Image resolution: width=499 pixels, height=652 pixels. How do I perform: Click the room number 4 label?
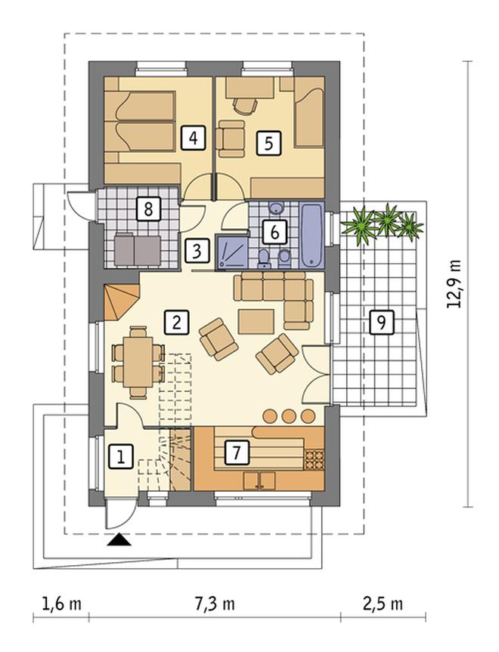coord(193,138)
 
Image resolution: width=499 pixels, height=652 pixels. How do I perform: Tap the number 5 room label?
coord(268,143)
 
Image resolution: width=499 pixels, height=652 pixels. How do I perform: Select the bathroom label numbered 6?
coord(274,232)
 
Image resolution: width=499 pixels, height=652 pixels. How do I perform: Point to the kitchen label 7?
coord(237,453)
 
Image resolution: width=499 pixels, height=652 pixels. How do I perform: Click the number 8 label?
coord(148,209)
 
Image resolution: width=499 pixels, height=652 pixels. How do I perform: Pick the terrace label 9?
coord(381,322)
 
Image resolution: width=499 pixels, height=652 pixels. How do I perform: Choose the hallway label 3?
coord(197,251)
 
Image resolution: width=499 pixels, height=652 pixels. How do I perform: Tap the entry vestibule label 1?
coord(121,457)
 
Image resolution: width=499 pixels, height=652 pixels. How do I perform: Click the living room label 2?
coord(176,322)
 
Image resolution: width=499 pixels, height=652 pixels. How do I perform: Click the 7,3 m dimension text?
coord(214,604)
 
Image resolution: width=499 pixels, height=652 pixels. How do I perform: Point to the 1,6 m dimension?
coord(61,604)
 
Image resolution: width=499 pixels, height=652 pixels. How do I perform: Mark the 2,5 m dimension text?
coord(383,604)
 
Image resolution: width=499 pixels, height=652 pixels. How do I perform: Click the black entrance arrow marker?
coord(119,539)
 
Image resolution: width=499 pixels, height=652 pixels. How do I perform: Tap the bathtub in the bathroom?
coord(311,236)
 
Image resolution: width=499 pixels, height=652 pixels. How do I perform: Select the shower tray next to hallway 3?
coord(232,252)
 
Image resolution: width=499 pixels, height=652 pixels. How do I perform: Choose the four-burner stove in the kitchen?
coord(315,461)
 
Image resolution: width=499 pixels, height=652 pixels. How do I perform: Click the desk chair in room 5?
coord(243,105)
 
